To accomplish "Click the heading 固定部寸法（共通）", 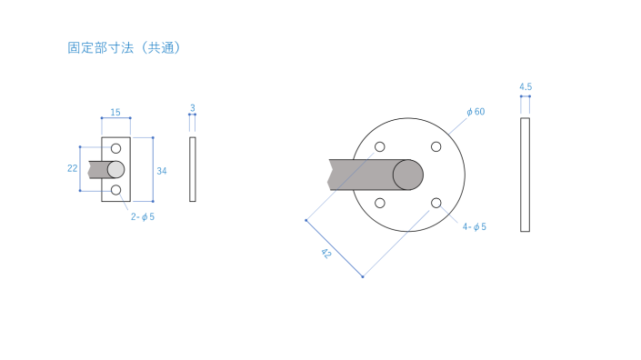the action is coord(124,48).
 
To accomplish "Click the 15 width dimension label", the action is coord(115,113).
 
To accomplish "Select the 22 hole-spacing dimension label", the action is coord(73,168).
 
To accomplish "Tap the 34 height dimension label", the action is coord(162,171).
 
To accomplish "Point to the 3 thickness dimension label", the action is coord(193,108).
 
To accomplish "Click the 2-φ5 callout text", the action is coord(143,217).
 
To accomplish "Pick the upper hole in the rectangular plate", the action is coord(116,148).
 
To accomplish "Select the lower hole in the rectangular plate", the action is coord(116,190).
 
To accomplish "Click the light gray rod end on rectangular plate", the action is coord(115,170).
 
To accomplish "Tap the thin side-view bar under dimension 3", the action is coord(193,169).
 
